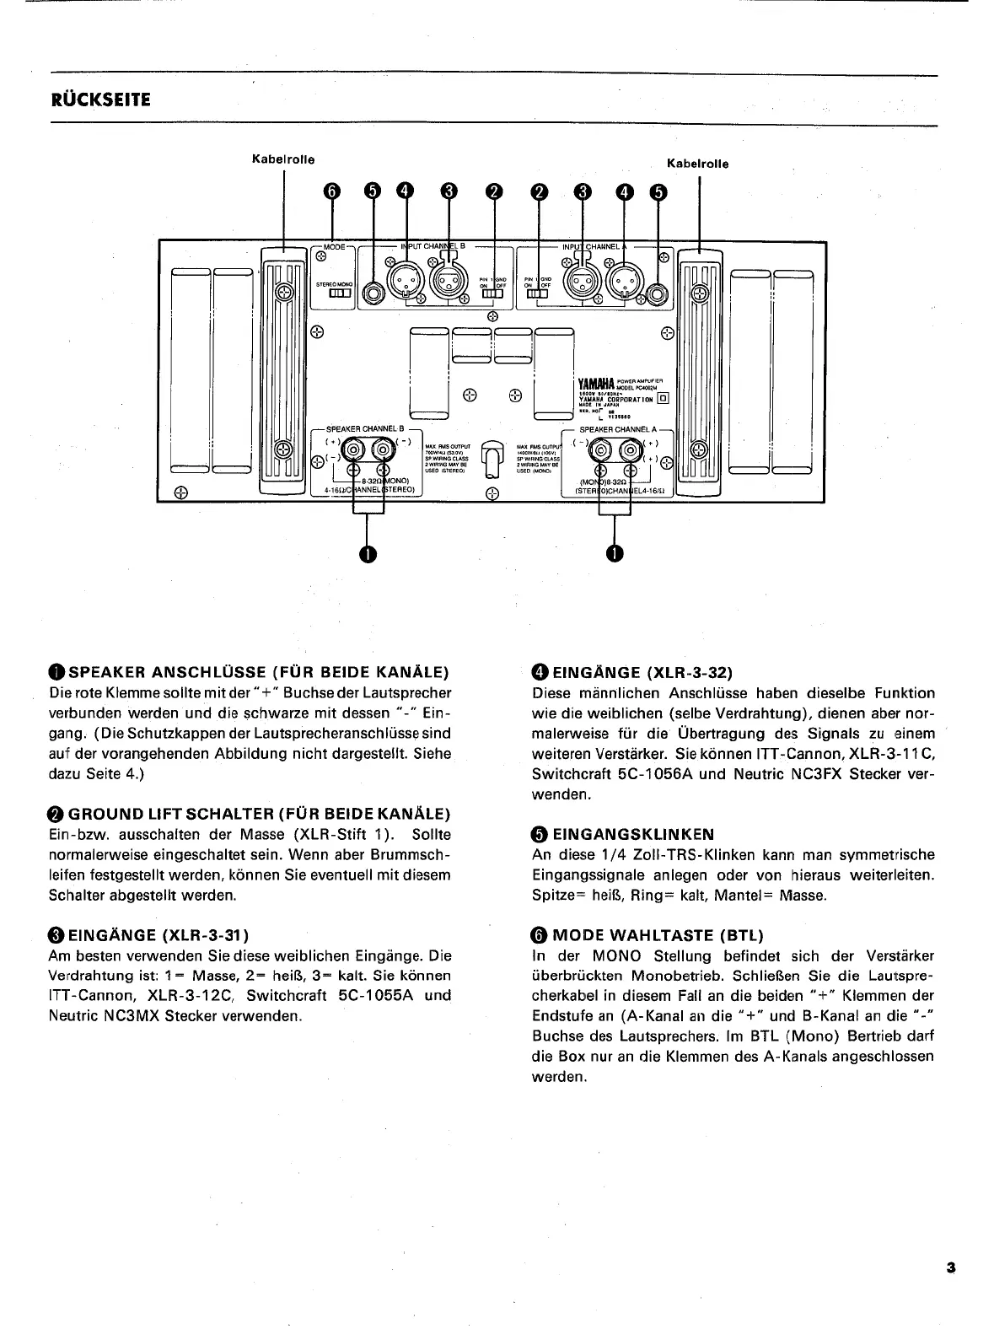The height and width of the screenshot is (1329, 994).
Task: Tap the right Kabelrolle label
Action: tap(698, 164)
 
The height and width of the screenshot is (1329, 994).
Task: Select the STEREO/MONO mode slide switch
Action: tap(338, 293)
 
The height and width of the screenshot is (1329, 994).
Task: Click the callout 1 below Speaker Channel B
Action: tap(367, 553)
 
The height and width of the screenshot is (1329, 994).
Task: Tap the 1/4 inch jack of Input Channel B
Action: tap(373, 293)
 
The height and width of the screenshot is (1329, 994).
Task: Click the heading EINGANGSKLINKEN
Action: tap(633, 834)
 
